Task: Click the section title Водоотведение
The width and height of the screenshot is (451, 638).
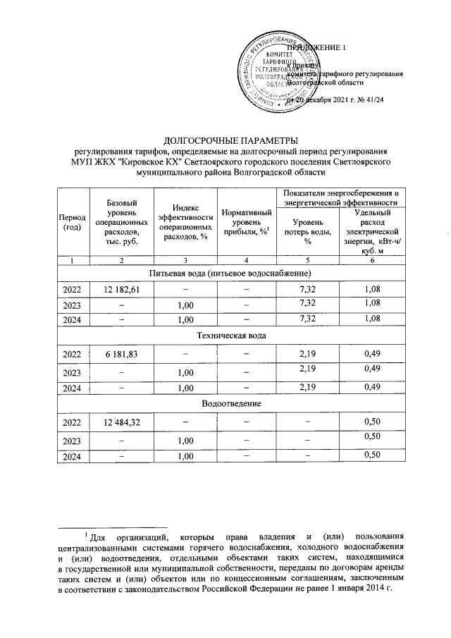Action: [232, 403]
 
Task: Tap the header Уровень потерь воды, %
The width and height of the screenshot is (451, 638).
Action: [307, 233]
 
